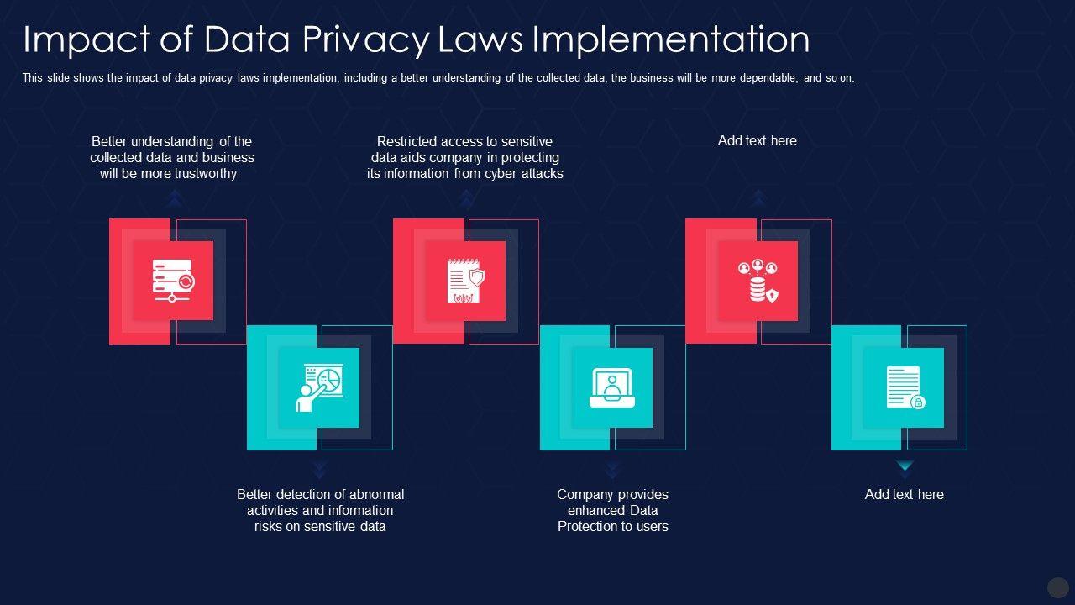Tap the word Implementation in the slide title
[671, 39]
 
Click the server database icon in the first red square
[172, 281]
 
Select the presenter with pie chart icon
[319, 387]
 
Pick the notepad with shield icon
[465, 281]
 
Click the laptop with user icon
[612, 387]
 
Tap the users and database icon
[758, 281]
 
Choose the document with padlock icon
[905, 387]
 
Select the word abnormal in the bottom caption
[371, 495]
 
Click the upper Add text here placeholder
[757, 141]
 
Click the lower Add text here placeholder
[904, 495]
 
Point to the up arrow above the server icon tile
[175, 198]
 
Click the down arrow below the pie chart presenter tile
[319, 469]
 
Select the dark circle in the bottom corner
[1057, 587]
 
